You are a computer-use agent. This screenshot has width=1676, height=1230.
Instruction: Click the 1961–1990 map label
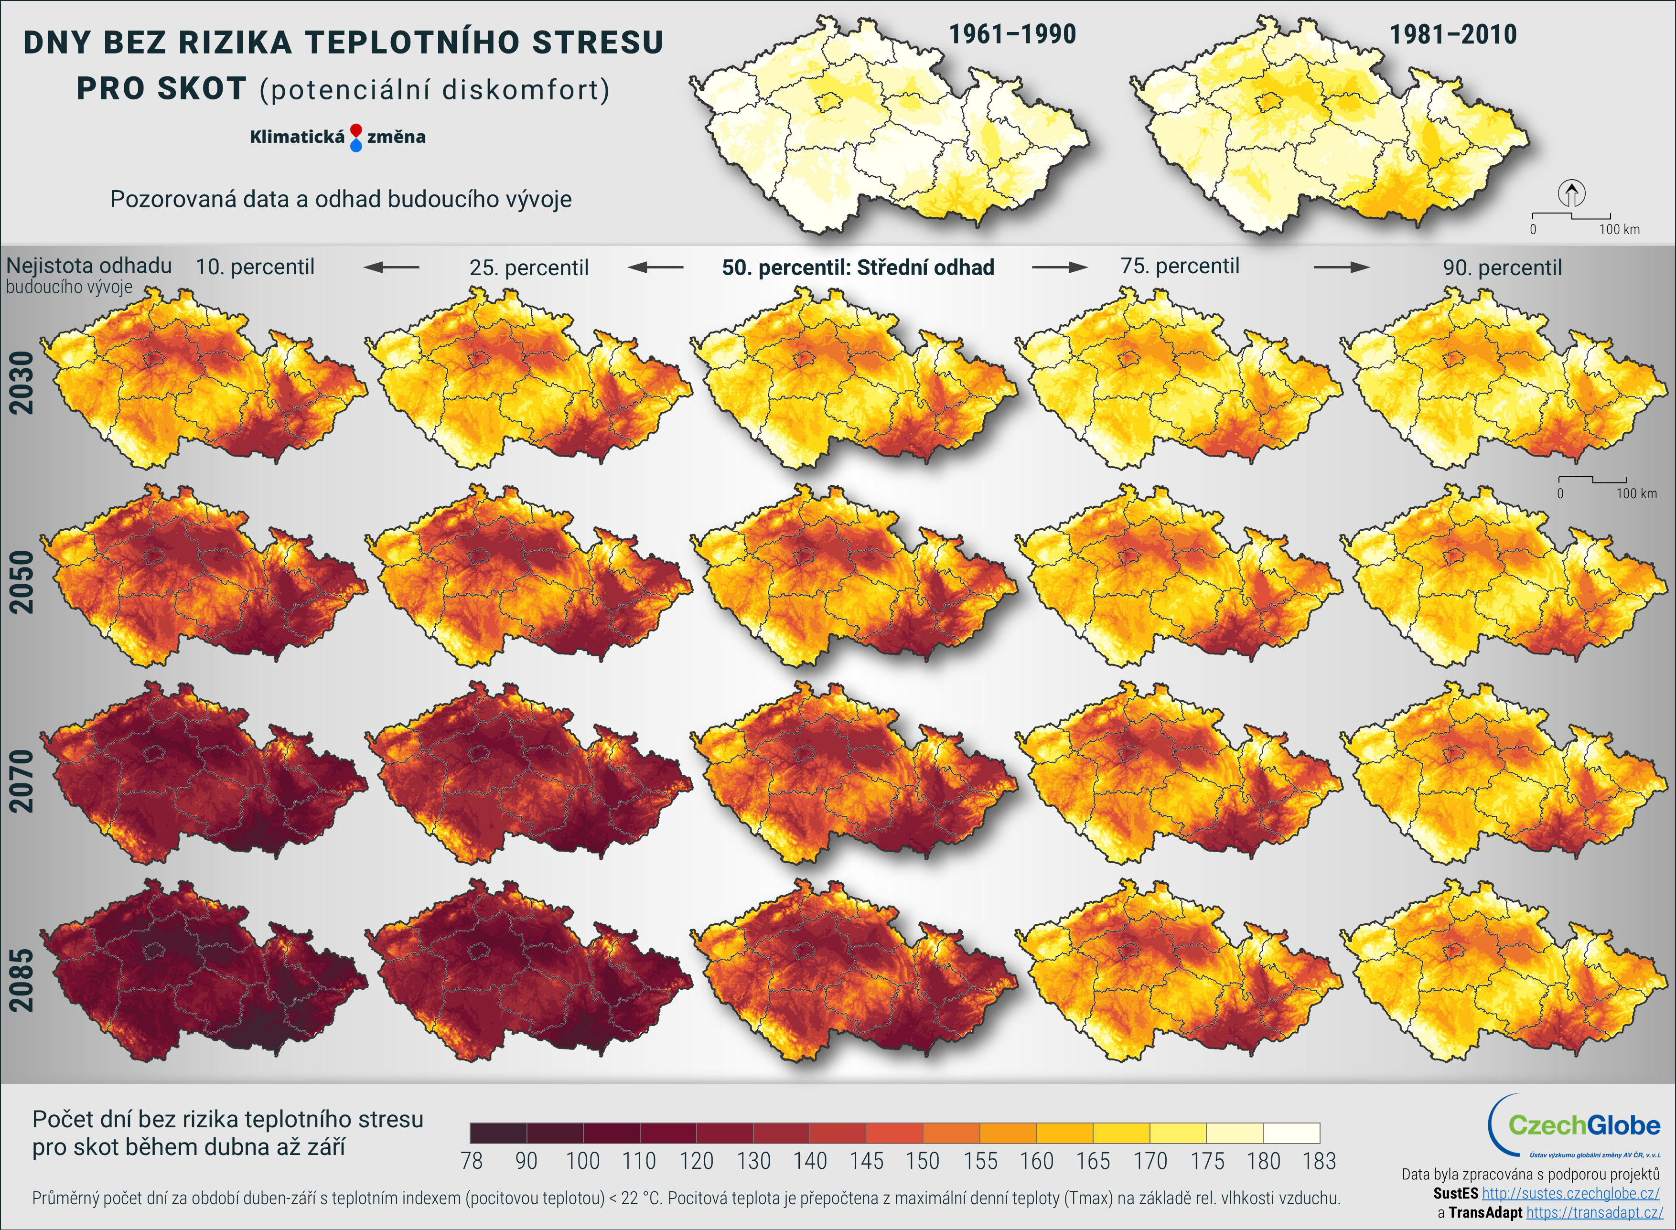(1012, 34)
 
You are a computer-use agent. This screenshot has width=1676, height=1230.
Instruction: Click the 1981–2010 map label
(1452, 35)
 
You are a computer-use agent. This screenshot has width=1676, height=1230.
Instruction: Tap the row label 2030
(21, 383)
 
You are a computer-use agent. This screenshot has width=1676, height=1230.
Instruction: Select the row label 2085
(21, 980)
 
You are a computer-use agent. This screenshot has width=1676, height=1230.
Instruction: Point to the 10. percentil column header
(255, 267)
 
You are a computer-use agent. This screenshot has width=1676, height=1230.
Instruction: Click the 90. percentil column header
(1502, 267)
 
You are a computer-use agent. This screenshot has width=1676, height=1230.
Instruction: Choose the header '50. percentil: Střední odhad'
(858, 267)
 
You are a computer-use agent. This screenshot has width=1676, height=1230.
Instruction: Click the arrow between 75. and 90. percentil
(1341, 267)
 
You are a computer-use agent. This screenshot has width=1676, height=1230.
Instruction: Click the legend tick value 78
(471, 1161)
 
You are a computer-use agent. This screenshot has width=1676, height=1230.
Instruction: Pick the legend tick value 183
(1319, 1161)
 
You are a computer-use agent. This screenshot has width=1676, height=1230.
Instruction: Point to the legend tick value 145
(867, 1161)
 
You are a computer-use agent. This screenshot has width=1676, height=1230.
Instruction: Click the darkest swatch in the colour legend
(498, 1133)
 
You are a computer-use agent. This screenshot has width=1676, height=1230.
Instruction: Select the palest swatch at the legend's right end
(1291, 1133)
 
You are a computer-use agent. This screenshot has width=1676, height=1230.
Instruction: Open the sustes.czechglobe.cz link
(1570, 1194)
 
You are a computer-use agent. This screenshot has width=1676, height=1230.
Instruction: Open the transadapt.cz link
(1594, 1212)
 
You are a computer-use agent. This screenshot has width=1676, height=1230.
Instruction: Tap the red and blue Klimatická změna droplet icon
(356, 138)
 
